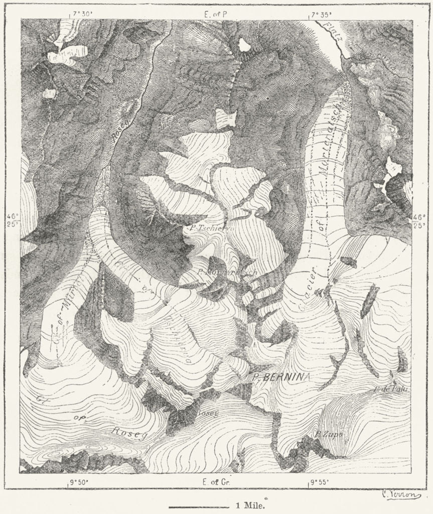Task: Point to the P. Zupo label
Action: click(x=329, y=434)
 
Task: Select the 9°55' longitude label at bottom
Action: click(x=319, y=483)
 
